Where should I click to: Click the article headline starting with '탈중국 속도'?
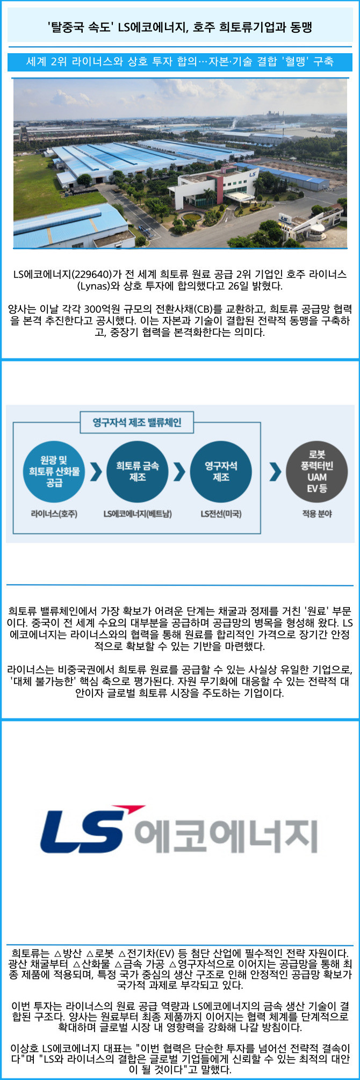179,27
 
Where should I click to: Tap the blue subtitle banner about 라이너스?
179,61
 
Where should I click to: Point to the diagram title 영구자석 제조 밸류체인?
137,422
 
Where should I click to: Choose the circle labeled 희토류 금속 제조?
138,471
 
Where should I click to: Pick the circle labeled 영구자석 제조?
221,471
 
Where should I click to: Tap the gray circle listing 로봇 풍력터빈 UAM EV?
317,471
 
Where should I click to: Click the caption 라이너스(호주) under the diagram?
54,514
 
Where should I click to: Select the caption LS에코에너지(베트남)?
138,514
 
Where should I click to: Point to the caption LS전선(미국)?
221,514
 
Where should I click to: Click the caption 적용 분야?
317,514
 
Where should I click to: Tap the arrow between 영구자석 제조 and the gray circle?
275,471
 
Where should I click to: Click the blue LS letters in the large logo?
83,836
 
